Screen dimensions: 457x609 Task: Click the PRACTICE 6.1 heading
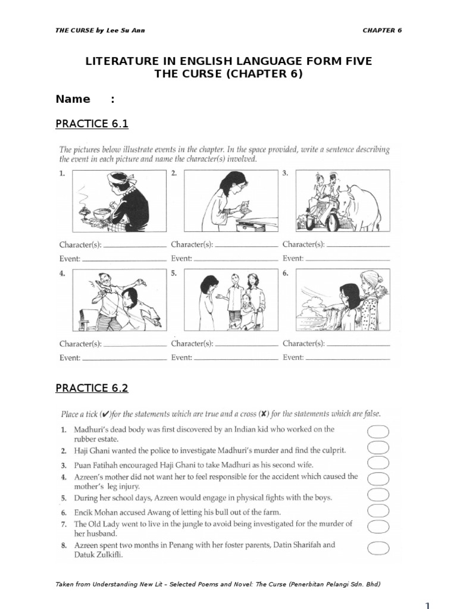pos(92,124)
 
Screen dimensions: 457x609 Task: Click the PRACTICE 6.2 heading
pos(92,388)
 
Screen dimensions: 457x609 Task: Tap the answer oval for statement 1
pos(378,432)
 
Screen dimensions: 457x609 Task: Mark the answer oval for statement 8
pos(378,548)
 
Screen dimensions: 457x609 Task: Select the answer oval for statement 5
pos(378,495)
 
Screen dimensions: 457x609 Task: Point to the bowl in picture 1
pos(101,214)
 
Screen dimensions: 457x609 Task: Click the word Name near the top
pos(73,99)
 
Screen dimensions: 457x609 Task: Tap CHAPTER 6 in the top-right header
pos(382,30)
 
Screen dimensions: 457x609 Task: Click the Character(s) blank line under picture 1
pos(135,247)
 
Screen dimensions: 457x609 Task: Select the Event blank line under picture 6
pos(348,360)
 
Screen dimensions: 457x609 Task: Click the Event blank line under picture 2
pos(236,260)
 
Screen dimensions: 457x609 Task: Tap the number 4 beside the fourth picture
pos(62,273)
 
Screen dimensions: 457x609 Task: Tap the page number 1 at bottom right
pos(427,605)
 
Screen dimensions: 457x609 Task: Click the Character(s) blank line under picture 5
pos(247,346)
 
